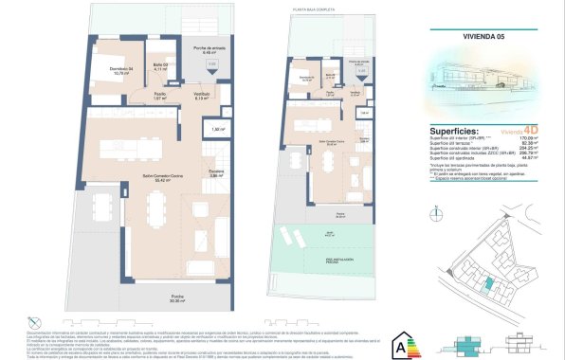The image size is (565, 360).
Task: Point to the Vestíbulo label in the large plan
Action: (x=202, y=98)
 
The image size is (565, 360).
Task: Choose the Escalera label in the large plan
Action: (x=216, y=173)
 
